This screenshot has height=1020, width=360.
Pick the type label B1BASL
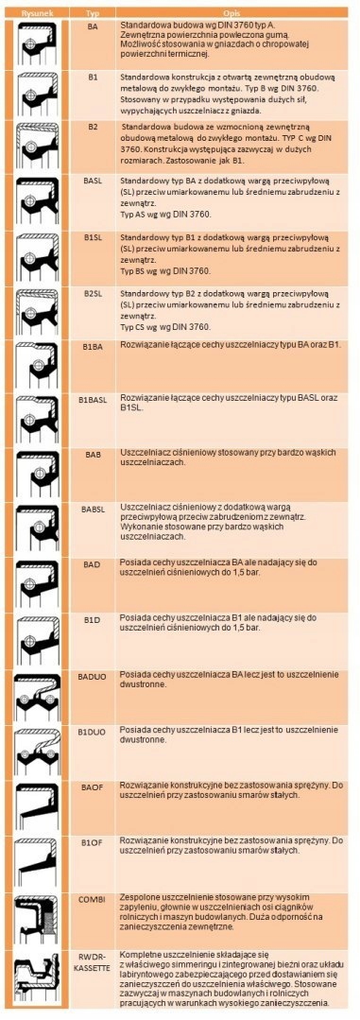(93, 399)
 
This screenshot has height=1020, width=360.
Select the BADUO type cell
(93, 677)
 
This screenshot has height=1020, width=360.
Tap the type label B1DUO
(93, 731)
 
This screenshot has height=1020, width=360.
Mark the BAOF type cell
(93, 785)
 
